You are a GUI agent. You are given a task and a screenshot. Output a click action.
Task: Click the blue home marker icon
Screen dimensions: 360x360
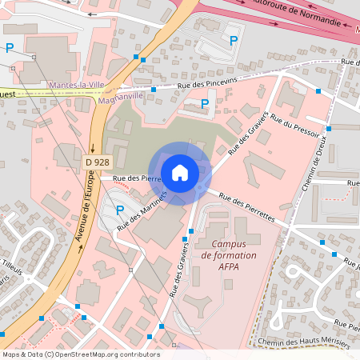(x=180, y=172)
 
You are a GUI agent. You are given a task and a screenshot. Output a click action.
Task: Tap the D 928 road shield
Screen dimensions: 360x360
(x=97, y=162)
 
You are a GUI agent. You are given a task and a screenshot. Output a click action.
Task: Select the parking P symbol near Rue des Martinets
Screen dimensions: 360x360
(x=119, y=210)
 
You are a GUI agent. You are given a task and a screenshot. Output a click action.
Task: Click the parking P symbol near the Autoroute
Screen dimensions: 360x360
(x=234, y=40)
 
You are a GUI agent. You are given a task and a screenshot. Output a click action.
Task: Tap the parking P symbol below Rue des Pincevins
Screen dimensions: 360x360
(x=204, y=103)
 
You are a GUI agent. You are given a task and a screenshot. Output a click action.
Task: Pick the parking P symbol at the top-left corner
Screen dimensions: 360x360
(x=10, y=48)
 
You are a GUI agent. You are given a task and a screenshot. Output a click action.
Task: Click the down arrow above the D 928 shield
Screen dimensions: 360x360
(x=93, y=148)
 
